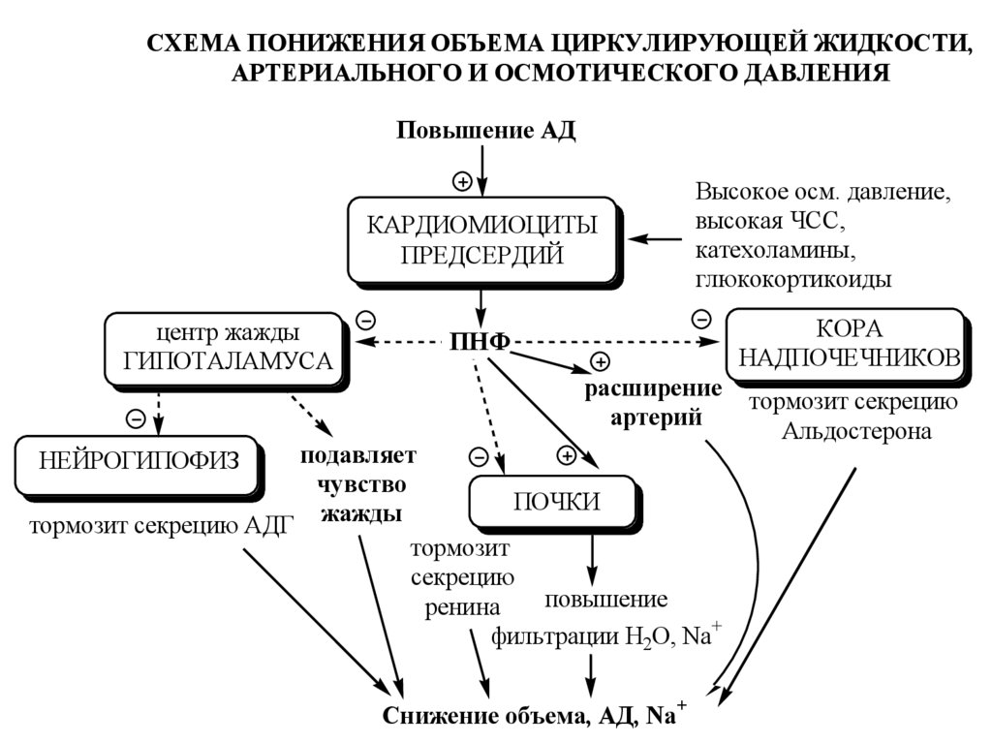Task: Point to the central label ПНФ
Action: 480,341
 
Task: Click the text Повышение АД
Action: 485,131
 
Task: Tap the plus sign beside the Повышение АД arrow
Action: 463,180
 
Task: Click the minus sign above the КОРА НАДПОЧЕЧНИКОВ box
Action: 702,317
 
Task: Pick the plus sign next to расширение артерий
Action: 600,361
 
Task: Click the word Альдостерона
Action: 856,432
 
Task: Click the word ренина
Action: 462,607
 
